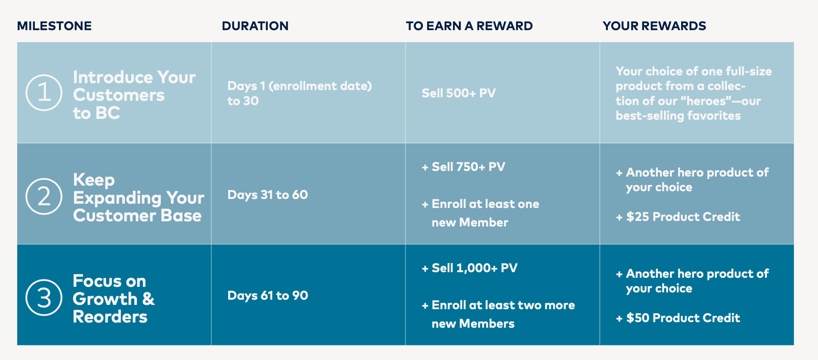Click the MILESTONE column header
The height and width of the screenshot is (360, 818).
pyautogui.click(x=54, y=26)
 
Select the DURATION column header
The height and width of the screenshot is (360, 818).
pyautogui.click(x=255, y=26)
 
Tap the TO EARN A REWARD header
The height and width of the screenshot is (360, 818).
pyautogui.click(x=469, y=26)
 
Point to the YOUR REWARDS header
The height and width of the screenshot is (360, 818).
pyautogui.click(x=654, y=26)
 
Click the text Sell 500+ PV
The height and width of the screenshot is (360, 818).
pyautogui.click(x=459, y=93)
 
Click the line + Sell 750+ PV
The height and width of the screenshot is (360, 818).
pyautogui.click(x=463, y=167)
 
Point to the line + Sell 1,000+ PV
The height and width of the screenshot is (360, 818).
pyautogui.click(x=469, y=268)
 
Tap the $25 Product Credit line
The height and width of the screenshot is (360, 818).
pyautogui.click(x=678, y=217)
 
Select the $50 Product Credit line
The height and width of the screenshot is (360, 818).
pyautogui.click(x=678, y=318)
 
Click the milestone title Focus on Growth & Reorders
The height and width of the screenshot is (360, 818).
pyautogui.click(x=114, y=298)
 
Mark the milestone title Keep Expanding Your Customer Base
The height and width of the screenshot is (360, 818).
pyautogui.click(x=139, y=198)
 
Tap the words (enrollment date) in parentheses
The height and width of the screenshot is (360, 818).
pyautogui.click(x=320, y=86)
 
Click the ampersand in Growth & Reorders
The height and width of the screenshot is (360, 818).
pyautogui.click(x=148, y=299)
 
